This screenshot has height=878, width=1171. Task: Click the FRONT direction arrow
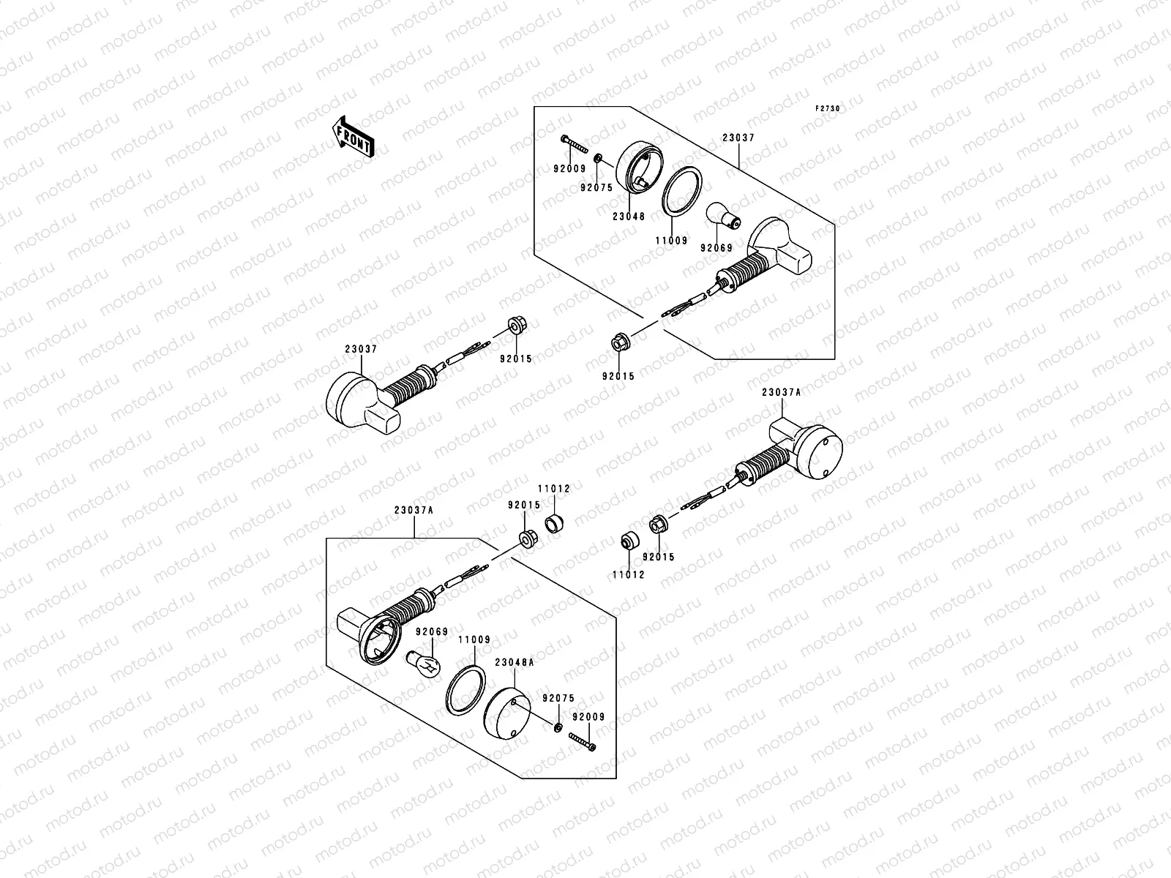[353, 136]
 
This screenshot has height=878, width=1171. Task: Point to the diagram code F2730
[828, 108]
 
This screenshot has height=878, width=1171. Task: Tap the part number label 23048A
[515, 661]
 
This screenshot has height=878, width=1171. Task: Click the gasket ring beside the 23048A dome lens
[464, 688]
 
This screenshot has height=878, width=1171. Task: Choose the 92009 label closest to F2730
[571, 168]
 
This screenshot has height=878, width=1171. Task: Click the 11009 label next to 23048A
[474, 639]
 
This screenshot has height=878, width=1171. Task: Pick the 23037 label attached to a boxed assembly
[738, 138]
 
